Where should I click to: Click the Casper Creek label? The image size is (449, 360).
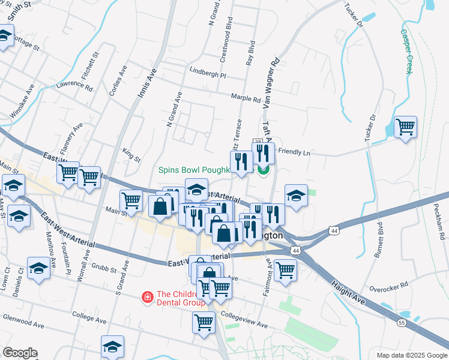406,52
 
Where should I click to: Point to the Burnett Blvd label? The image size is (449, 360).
379,239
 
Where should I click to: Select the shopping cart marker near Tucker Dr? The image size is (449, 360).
406,127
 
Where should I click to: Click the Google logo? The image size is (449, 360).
20,352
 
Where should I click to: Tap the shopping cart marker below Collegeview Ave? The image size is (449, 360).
203,322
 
